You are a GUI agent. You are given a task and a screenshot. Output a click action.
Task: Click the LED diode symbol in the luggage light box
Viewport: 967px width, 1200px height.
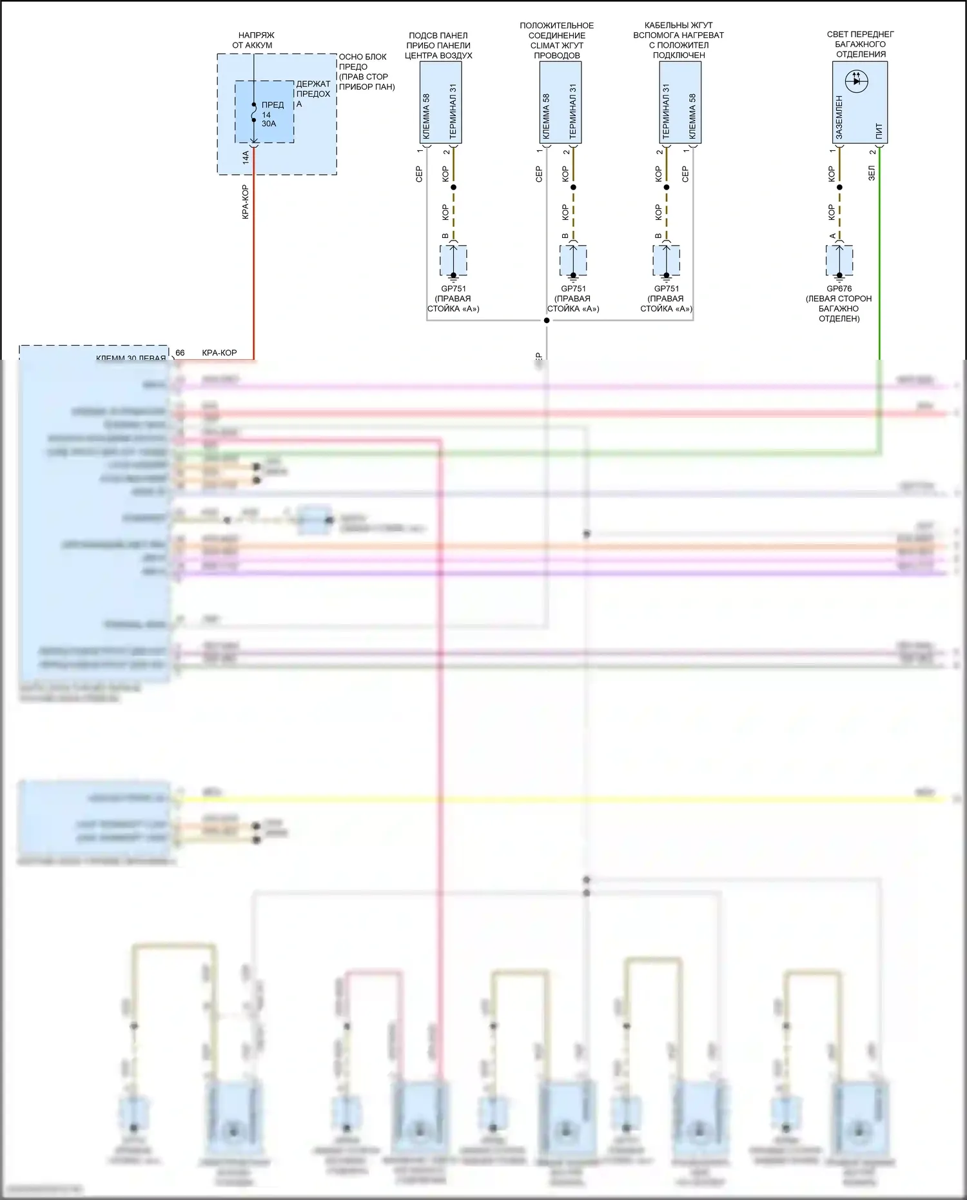[856, 81]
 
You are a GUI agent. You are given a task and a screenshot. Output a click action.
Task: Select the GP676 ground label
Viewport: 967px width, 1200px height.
[839, 289]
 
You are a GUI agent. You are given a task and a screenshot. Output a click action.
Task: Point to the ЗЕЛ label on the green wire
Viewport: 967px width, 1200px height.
[872, 173]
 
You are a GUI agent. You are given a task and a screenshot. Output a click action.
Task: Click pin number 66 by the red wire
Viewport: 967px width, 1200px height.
[180, 353]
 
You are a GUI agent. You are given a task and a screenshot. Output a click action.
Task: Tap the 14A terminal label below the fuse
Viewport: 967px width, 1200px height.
[246, 157]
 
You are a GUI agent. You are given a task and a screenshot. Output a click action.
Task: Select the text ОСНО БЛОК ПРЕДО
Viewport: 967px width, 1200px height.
[362, 62]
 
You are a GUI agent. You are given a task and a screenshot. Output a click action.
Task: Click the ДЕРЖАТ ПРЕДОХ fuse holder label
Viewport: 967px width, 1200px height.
[313, 89]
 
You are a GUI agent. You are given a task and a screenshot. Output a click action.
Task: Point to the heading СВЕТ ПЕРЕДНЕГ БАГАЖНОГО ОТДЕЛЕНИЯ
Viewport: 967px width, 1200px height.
[860, 44]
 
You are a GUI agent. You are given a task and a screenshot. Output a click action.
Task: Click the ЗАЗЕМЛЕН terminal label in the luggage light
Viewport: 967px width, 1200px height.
[839, 117]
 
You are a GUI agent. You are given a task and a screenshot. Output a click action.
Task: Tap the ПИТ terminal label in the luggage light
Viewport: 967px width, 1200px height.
[879, 131]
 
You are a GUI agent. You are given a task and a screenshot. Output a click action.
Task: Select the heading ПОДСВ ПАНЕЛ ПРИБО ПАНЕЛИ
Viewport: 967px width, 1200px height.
[438, 45]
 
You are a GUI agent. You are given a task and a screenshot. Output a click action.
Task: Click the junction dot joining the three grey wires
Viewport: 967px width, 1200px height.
[547, 320]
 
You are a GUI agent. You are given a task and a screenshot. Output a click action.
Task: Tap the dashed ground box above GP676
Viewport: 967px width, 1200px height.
[839, 261]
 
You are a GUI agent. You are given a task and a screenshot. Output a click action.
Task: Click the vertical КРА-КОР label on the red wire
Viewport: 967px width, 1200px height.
[246, 202]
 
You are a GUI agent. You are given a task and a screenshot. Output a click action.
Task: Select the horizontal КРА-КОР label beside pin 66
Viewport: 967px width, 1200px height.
[219, 353]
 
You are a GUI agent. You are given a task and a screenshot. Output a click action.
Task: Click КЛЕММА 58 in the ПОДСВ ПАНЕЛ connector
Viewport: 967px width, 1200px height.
[426, 116]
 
